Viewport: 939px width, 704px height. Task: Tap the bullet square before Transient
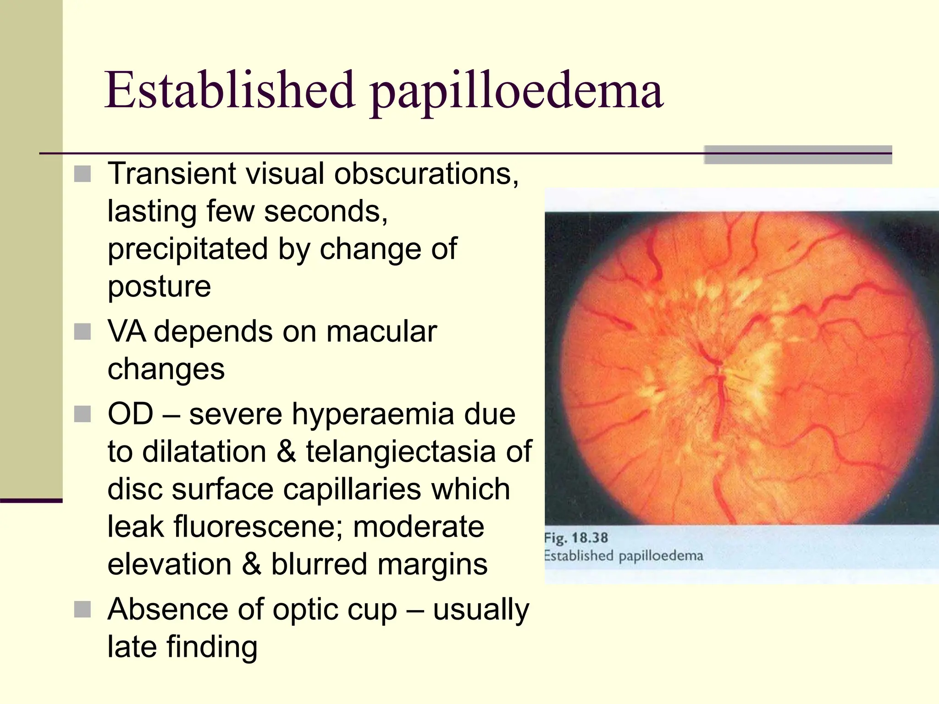click(x=83, y=174)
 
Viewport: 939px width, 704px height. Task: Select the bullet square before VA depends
click(x=83, y=331)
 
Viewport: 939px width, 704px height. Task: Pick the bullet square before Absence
click(x=83, y=610)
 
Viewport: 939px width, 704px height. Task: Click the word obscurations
click(x=426, y=174)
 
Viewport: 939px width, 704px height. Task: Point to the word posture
click(x=159, y=287)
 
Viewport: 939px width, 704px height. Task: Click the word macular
click(x=381, y=331)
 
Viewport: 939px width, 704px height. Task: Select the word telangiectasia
click(x=401, y=452)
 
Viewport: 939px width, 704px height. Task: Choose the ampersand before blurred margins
click(x=251, y=564)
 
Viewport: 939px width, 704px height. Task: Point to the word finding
click(x=211, y=647)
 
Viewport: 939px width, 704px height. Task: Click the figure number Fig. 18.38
click(x=576, y=538)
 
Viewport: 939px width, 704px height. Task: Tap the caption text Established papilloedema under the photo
click(x=624, y=556)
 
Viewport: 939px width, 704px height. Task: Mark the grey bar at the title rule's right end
click(x=798, y=155)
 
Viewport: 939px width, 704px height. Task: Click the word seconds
click(x=326, y=212)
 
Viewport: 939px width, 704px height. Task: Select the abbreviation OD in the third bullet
click(x=130, y=414)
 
